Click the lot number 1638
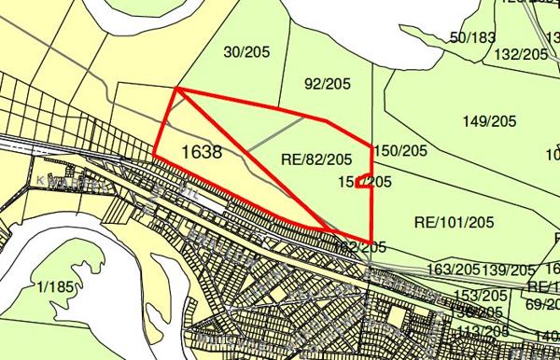click(x=203, y=151)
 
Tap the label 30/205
click(x=244, y=52)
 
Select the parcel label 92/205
click(x=325, y=83)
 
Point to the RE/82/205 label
click(x=315, y=160)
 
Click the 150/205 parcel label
click(x=399, y=150)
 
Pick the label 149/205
click(x=489, y=121)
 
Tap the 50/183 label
click(x=472, y=37)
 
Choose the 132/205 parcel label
click(x=520, y=54)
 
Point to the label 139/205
click(x=510, y=269)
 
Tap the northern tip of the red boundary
click(x=176, y=90)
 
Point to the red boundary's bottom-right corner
click(x=372, y=240)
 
